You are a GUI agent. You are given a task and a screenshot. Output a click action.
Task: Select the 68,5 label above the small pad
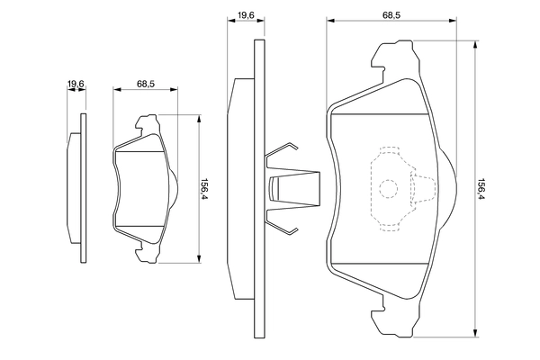point(146,84)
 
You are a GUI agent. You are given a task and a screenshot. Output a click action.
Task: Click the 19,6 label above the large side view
point(245,13)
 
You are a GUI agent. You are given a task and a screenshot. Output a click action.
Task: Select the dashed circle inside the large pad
point(387,189)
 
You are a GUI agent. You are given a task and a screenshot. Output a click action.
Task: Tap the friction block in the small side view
point(74,189)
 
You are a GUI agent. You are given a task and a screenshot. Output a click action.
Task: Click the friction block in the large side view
point(238,189)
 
